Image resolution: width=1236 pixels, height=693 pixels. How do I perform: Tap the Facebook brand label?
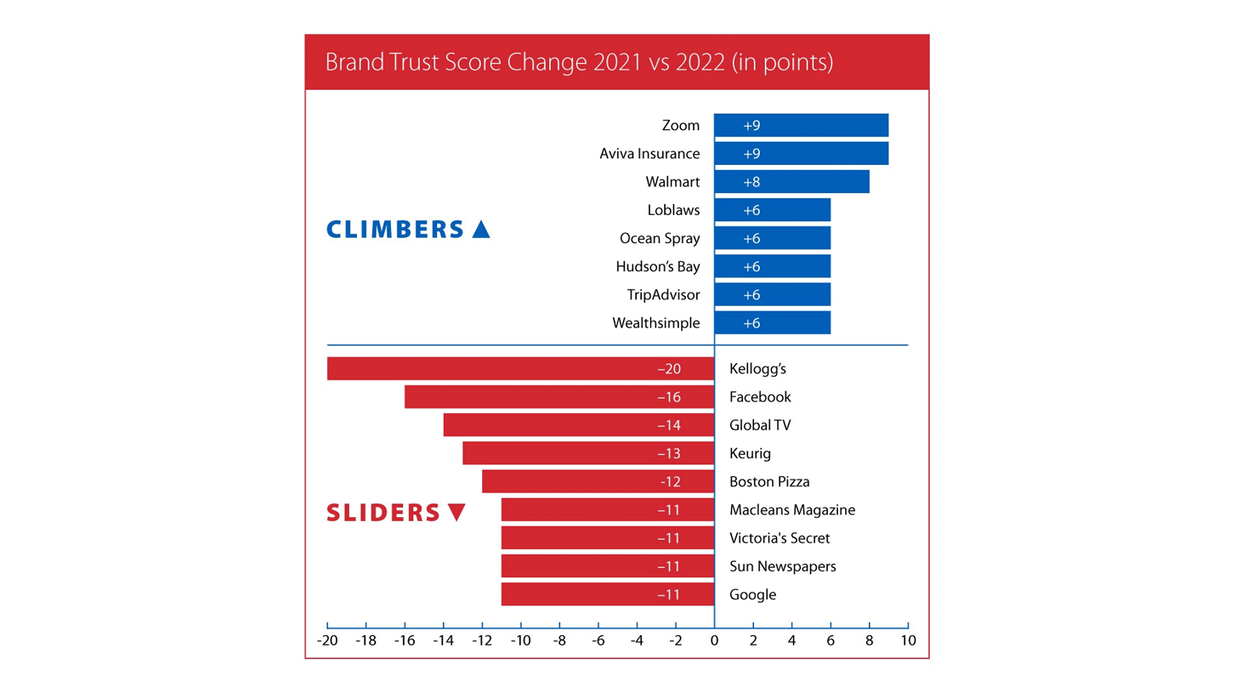point(760,397)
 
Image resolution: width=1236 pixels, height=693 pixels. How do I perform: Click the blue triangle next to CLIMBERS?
point(481,229)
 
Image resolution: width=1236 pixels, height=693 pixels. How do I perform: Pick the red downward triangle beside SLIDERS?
point(456,513)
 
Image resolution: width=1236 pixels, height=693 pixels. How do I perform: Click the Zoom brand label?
point(680,126)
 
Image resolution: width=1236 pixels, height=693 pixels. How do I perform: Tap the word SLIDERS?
point(383,513)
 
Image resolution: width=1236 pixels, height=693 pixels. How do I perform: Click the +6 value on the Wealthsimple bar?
point(751,323)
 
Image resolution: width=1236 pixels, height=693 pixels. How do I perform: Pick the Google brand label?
point(752,594)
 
